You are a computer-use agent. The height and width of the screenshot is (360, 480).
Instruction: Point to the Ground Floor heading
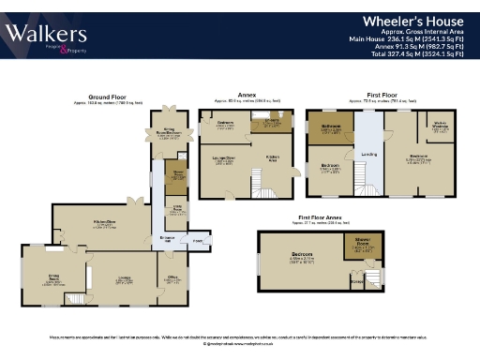[x=109, y=96]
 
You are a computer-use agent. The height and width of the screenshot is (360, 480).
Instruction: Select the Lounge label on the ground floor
[x=123, y=277]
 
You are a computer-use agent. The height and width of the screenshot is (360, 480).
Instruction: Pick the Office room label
[x=172, y=277]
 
